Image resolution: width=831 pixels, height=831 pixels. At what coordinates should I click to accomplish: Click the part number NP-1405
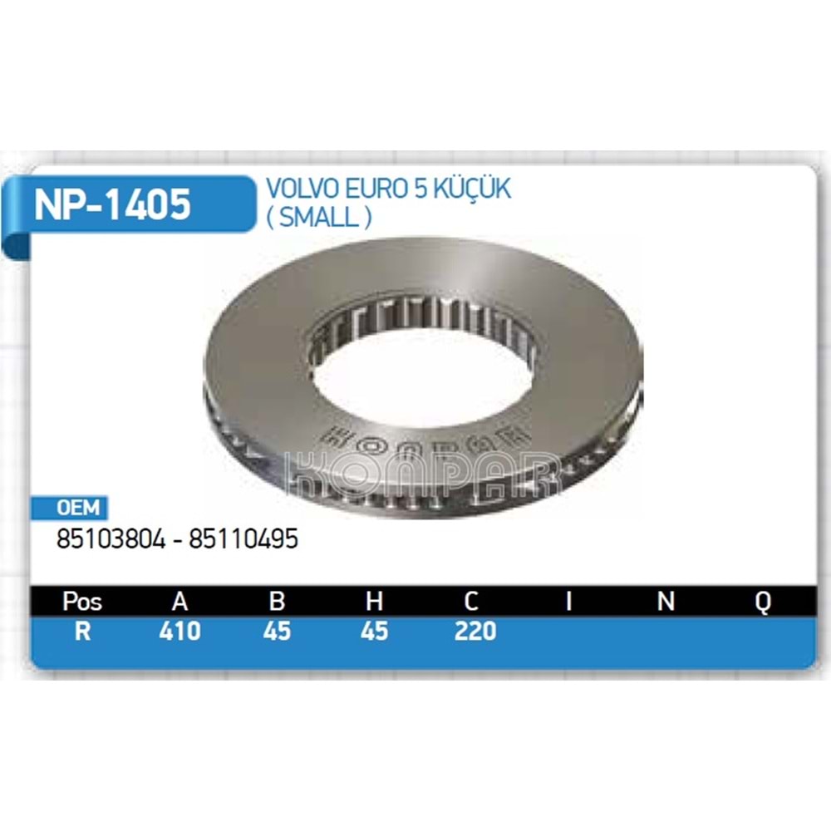[x=112, y=204]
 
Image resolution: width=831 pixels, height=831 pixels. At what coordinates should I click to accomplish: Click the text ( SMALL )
[x=318, y=217]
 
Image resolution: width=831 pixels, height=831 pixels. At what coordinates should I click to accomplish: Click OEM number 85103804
[x=111, y=539]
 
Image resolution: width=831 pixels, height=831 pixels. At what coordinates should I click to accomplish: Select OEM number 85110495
[x=243, y=539]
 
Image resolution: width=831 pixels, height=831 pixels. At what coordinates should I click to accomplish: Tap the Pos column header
[x=82, y=602]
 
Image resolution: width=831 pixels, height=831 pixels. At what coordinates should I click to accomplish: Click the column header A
[x=180, y=602]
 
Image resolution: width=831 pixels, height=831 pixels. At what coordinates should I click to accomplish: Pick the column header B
[x=278, y=602]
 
